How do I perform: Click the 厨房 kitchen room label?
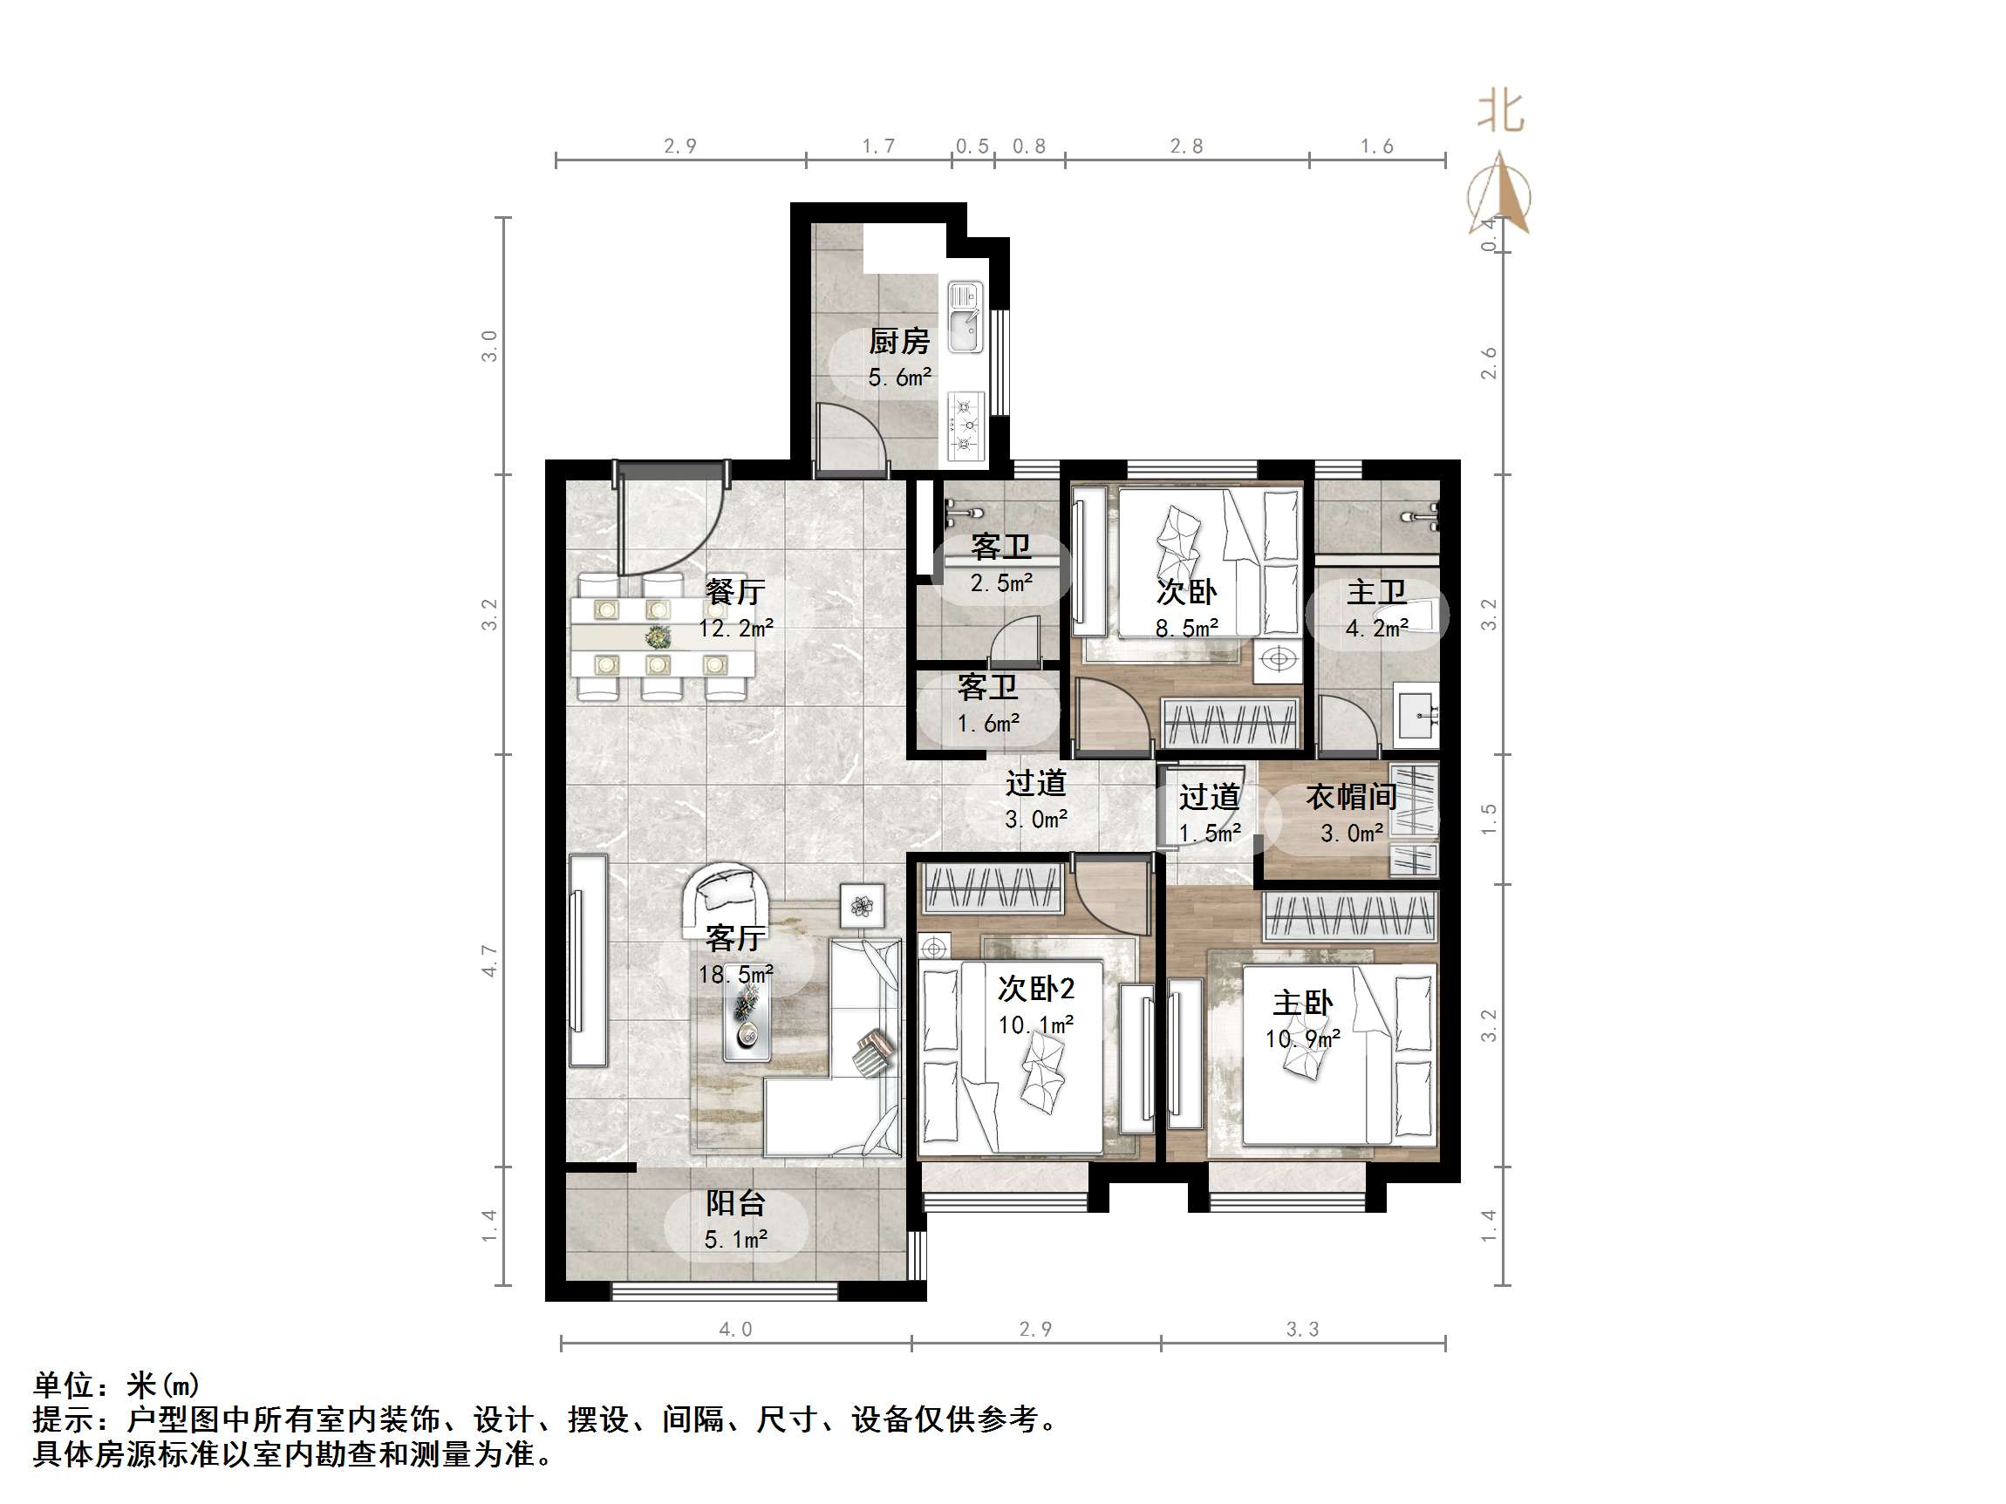(898, 342)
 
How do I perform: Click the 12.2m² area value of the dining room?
(735, 629)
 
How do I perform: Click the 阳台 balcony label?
(735, 1203)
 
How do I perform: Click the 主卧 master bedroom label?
(1302, 1003)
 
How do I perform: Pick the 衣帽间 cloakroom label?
(1350, 797)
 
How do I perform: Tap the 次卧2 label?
(1035, 988)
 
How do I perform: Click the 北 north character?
(1501, 112)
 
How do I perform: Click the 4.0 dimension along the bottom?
(735, 1329)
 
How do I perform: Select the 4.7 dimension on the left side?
(489, 960)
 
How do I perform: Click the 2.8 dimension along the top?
(1186, 146)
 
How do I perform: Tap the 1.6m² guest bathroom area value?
(988, 724)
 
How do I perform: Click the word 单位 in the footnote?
(64, 1385)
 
